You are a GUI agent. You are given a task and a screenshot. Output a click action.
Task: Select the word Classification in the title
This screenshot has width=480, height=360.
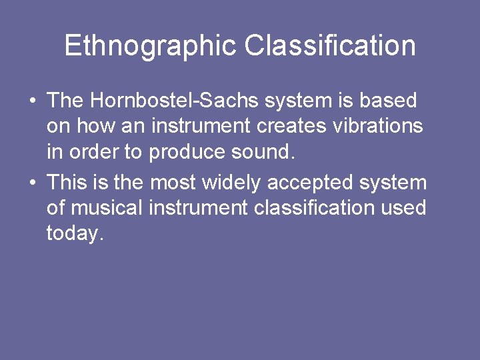(x=330, y=46)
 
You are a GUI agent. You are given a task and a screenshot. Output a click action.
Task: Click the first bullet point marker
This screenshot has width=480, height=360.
(x=32, y=101)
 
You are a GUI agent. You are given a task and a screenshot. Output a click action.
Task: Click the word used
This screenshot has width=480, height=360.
(x=403, y=207)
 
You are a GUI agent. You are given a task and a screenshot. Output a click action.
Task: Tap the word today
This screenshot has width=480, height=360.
(x=75, y=233)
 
